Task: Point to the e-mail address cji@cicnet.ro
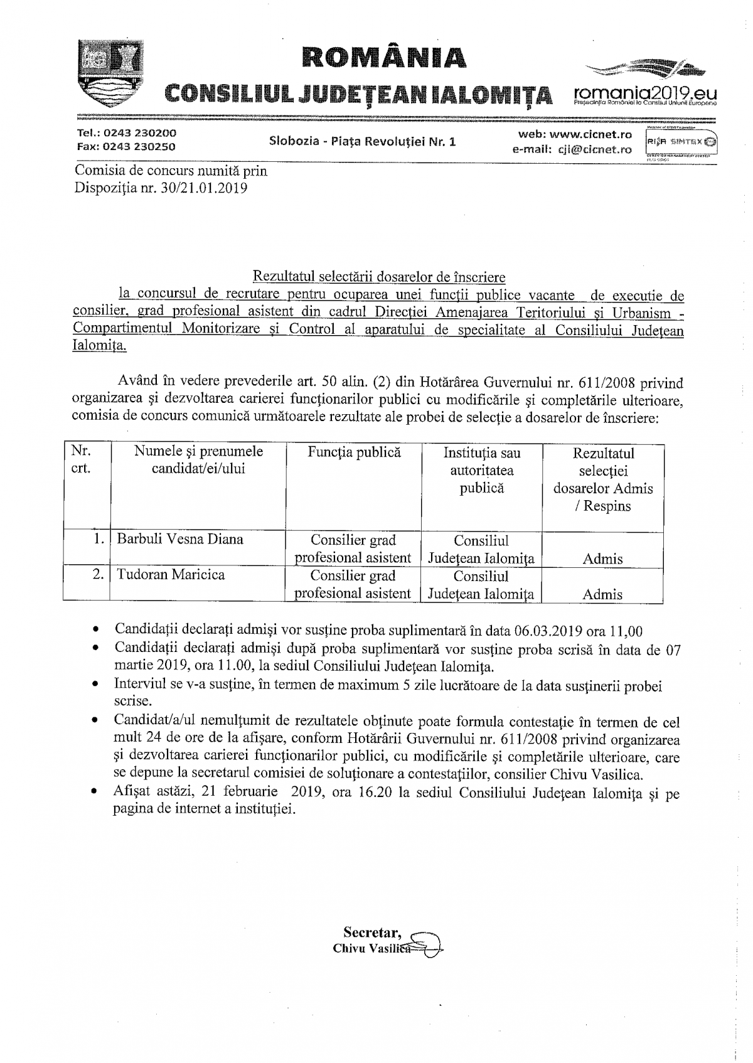[592, 149]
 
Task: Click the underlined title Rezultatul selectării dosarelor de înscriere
[378, 277]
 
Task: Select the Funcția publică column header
[354, 452]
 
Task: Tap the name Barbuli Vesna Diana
[180, 540]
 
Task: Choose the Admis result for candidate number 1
[602, 558]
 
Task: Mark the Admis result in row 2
[602, 594]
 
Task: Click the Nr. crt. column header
[81, 460]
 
